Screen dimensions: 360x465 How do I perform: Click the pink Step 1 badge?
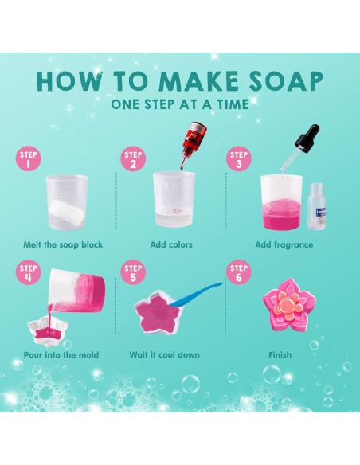pyautogui.click(x=29, y=159)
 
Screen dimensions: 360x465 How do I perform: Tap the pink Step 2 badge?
pyautogui.click(x=133, y=159)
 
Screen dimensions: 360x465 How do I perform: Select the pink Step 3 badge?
pyautogui.click(x=239, y=159)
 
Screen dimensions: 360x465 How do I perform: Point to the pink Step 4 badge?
pyautogui.click(x=29, y=272)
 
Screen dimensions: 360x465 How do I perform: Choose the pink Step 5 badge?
pyautogui.click(x=133, y=272)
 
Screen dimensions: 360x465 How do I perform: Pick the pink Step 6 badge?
pyautogui.click(x=239, y=272)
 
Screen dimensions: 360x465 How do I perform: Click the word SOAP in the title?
pyautogui.click(x=286, y=81)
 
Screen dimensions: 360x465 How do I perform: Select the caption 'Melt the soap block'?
pyautogui.click(x=63, y=244)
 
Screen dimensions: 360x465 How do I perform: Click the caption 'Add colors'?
pyautogui.click(x=171, y=244)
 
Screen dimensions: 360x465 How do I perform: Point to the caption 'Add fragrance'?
pyautogui.click(x=284, y=245)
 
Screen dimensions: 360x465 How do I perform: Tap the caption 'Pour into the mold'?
pyautogui.click(x=61, y=354)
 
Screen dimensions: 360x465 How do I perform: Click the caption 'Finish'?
pyautogui.click(x=280, y=354)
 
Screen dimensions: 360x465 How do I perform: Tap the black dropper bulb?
pyautogui.click(x=308, y=135)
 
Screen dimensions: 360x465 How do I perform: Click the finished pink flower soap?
pyautogui.click(x=289, y=305)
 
